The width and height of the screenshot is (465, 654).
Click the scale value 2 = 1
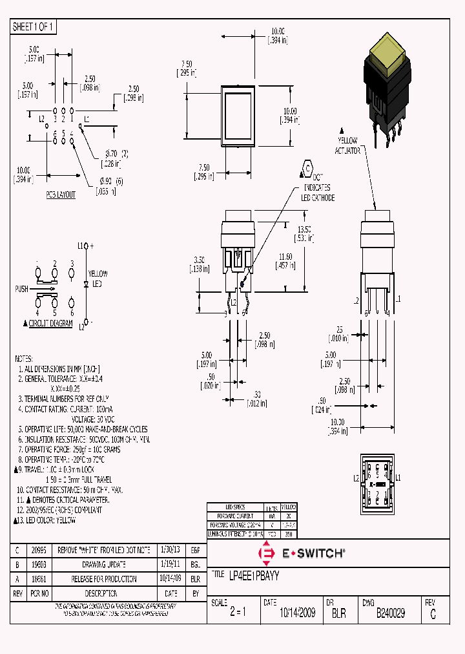click(x=237, y=613)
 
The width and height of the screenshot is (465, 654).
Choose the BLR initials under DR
click(x=338, y=613)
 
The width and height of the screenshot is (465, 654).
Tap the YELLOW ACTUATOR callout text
click(x=347, y=145)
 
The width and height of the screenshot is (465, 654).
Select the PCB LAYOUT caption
click(x=60, y=195)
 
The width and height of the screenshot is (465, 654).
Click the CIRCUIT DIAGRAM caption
click(x=50, y=323)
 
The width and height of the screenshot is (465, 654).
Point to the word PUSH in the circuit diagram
click(x=21, y=289)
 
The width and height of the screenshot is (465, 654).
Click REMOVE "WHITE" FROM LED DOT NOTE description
click(x=104, y=549)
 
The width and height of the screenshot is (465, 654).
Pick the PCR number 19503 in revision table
click(x=39, y=564)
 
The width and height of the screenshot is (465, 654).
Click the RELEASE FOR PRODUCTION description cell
click(x=104, y=579)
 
